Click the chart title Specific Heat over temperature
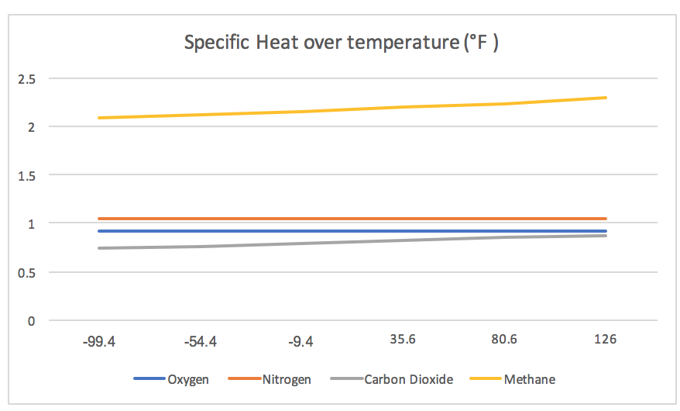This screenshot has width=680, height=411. pos(341,43)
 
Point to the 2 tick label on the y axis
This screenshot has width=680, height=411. pos(31,126)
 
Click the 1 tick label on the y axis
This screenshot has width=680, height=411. pos(31,223)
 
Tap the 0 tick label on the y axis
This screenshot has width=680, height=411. pos(31,320)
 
